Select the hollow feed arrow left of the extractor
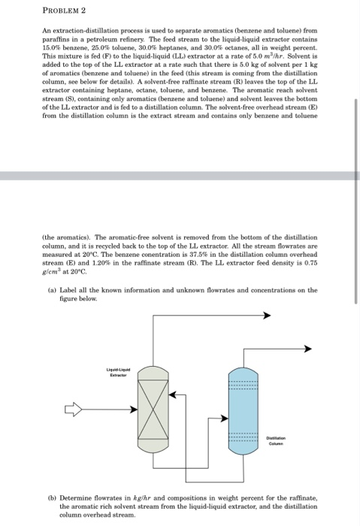(x=77, y=410)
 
